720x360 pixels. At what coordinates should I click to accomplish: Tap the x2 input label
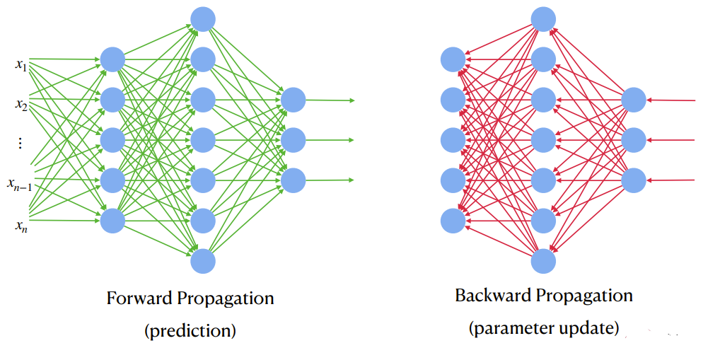coord(21,105)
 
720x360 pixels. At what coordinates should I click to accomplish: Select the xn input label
coord(21,226)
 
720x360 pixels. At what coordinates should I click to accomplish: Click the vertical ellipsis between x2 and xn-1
coord(20,144)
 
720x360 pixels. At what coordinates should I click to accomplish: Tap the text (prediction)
coord(190,330)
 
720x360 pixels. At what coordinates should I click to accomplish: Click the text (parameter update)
coord(543,328)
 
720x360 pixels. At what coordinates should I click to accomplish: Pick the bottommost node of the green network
coord(203,261)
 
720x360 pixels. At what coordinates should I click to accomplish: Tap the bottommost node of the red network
coord(543,261)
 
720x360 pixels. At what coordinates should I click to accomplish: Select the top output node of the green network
coord(294,100)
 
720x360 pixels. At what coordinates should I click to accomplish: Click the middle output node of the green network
coord(294,140)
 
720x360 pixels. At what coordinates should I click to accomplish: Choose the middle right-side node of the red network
coord(634,140)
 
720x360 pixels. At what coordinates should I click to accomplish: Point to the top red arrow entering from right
coord(672,100)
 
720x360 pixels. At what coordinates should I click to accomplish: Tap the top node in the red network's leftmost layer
coord(453,59)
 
